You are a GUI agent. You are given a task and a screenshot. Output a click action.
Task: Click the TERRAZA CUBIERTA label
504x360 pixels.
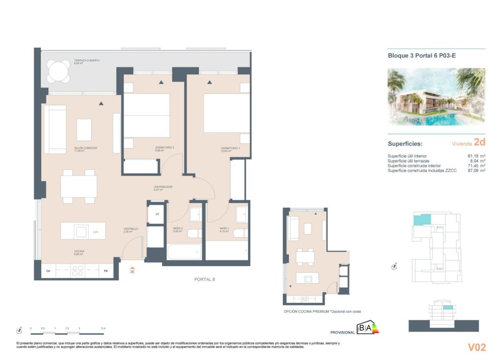(87, 60)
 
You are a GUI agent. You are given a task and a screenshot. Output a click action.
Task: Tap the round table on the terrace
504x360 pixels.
(59, 72)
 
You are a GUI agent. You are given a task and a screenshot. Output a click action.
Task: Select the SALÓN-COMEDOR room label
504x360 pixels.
(86, 148)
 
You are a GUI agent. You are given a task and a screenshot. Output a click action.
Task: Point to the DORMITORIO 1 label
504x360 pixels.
(230, 148)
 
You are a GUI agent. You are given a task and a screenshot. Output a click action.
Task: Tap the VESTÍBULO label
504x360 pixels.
(130, 229)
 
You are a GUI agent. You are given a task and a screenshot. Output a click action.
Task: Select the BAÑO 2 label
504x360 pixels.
(178, 229)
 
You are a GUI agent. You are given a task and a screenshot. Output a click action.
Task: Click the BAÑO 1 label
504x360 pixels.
(225, 229)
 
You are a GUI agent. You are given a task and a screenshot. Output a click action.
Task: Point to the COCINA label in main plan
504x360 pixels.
(79, 251)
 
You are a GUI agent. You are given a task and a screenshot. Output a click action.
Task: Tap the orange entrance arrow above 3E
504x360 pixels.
(132, 266)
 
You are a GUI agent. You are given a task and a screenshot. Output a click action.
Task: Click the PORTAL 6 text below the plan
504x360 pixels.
(204, 279)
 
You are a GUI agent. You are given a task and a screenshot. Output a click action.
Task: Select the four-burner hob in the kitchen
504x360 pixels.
(78, 271)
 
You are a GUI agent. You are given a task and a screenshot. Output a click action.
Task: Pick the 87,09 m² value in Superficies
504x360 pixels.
(476, 171)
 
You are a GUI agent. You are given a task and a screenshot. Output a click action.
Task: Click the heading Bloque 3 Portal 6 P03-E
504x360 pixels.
(422, 56)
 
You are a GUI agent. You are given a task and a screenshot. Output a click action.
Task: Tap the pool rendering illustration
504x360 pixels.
(436, 97)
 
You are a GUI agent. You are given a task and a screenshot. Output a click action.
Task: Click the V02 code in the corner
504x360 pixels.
(476, 347)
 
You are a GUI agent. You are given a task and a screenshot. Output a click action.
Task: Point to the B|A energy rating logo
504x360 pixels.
(368, 328)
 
